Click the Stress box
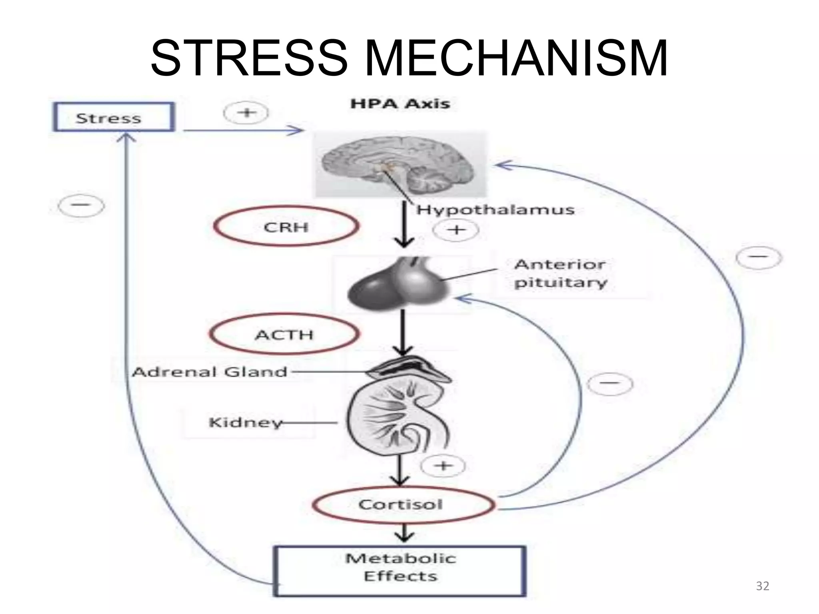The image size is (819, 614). point(114,117)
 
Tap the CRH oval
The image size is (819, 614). point(286,227)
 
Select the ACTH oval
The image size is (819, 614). point(284,334)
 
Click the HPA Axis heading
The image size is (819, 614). point(400,104)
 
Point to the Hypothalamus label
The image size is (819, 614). point(495,209)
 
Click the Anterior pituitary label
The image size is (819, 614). point(560,273)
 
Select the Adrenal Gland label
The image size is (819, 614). point(210,372)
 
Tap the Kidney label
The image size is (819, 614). point(245,422)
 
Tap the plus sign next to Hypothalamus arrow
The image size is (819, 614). point(456,230)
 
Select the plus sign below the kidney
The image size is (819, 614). point(443,466)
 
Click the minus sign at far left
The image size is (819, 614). point(81,206)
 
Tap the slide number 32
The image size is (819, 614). point(763,586)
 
